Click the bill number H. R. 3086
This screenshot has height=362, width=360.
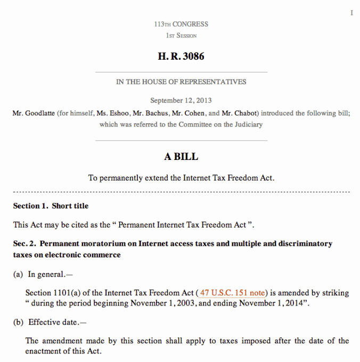point(181,56)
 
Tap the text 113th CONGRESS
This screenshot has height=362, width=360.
point(181,24)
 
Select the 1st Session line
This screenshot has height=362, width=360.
point(181,36)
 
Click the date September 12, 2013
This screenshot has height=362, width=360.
point(181,100)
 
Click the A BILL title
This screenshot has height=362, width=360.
point(181,157)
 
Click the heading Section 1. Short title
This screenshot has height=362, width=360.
point(51,206)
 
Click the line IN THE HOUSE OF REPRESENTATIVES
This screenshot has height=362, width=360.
point(181,82)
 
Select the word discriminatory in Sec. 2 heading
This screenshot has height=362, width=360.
point(305,244)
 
